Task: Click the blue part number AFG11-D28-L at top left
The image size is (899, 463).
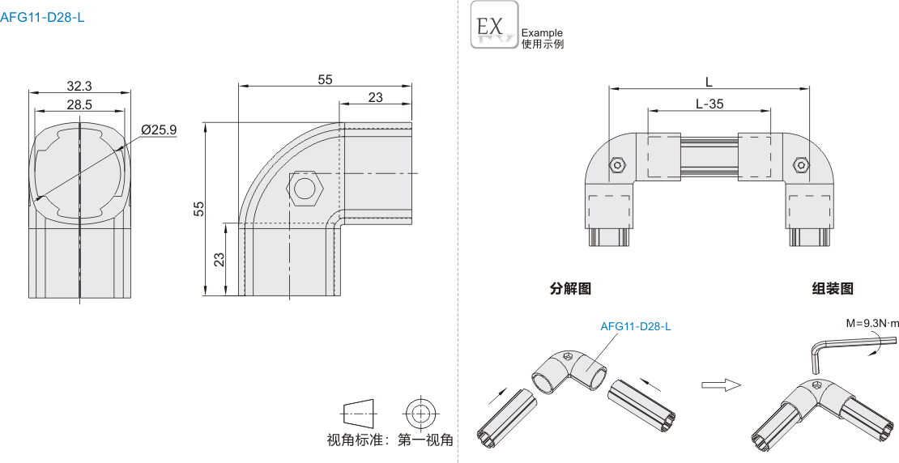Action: pyautogui.click(x=42, y=16)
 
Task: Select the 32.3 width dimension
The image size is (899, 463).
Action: pyautogui.click(x=79, y=85)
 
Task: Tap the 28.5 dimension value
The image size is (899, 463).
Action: pyautogui.click(x=79, y=104)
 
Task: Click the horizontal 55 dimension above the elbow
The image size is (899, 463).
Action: pyautogui.click(x=325, y=79)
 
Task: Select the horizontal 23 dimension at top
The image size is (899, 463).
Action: pyautogui.click(x=375, y=97)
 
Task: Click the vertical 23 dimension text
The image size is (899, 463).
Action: pyautogui.click(x=219, y=259)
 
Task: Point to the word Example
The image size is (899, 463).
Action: pyautogui.click(x=542, y=33)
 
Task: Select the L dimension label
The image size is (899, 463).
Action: pyautogui.click(x=709, y=82)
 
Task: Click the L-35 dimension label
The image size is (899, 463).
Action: pyautogui.click(x=709, y=104)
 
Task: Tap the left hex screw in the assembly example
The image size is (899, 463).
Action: pyautogui.click(x=617, y=166)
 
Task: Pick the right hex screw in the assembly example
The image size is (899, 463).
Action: pyautogui.click(x=800, y=166)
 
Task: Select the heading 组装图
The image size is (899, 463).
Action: pyautogui.click(x=833, y=288)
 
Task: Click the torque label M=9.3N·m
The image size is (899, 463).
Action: pyautogui.click(x=871, y=323)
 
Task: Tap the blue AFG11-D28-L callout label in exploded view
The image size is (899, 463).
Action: pyautogui.click(x=636, y=327)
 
